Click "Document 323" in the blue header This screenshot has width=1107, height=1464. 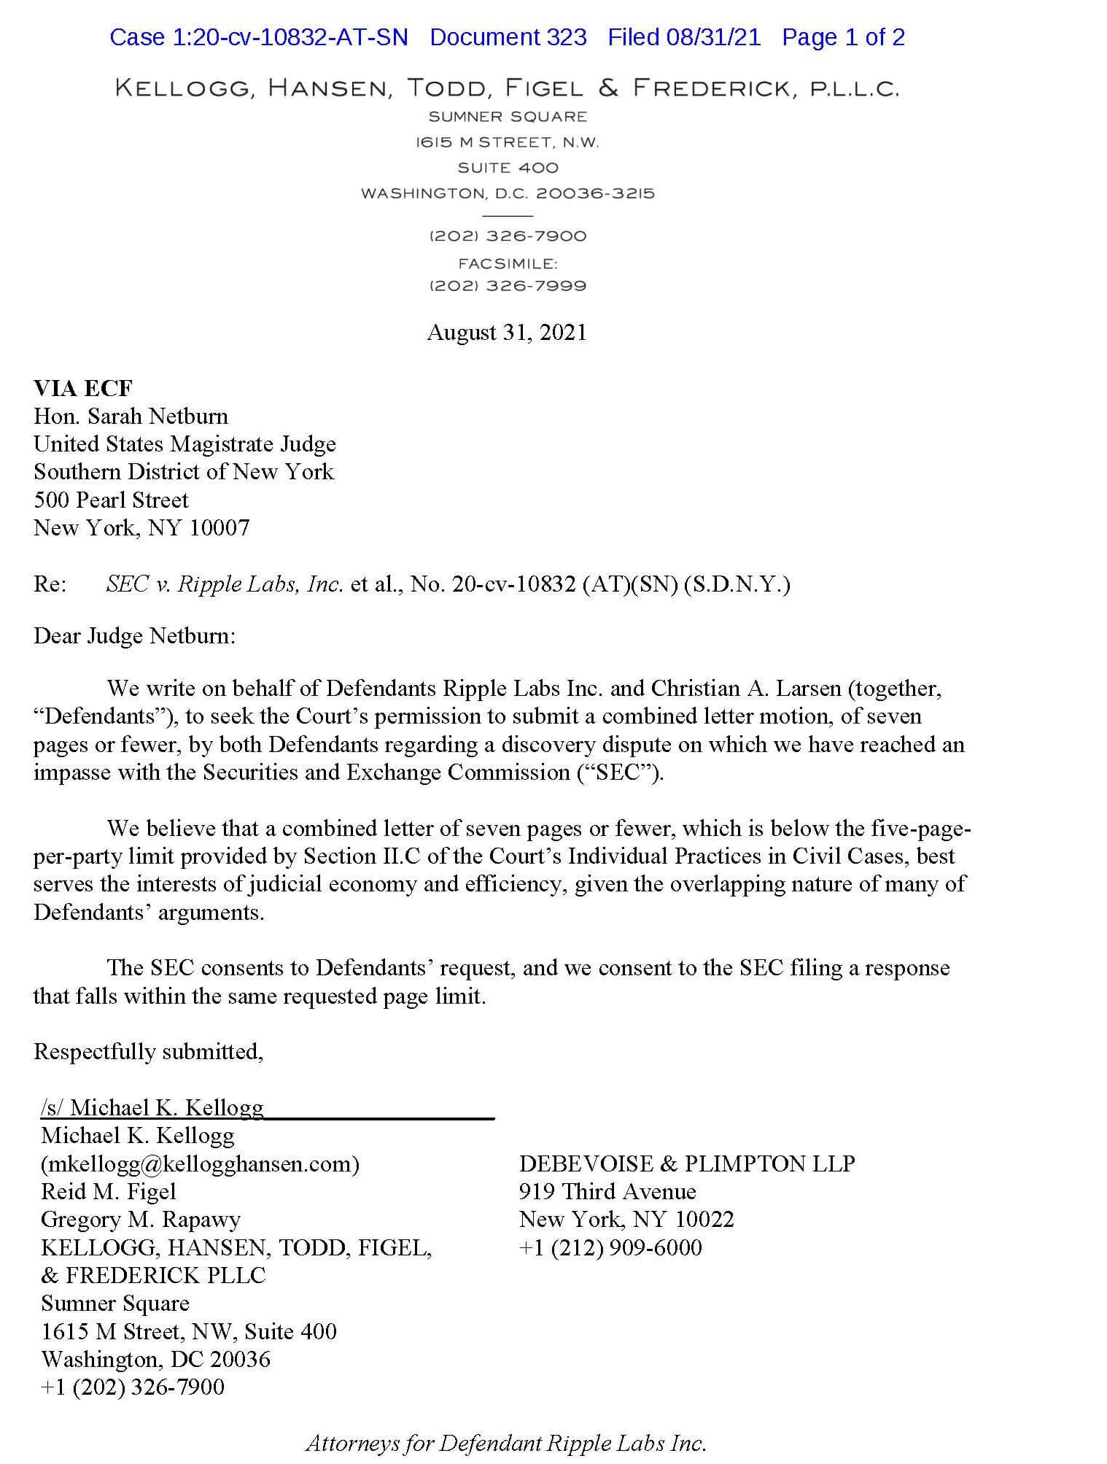pos(508,37)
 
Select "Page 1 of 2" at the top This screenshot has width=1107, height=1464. pos(843,37)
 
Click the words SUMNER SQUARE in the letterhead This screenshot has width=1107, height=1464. pos(508,117)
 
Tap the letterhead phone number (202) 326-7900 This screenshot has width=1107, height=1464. pos(508,236)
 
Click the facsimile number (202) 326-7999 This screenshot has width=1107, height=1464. pos(508,286)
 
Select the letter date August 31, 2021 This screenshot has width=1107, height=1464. pos(507,333)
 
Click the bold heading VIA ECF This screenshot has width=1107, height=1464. pos(83,388)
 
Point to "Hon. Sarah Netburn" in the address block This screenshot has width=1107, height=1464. pos(131,417)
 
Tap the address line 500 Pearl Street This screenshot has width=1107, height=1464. pos(111,500)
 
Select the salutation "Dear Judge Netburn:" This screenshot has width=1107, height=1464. pos(135,636)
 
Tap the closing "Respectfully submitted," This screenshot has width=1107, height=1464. pos(149,1052)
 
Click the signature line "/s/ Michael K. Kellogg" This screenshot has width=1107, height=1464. pos(152,1108)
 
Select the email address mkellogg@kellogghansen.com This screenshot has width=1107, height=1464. pos(201,1164)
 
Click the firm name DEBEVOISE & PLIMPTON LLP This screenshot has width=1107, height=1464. pos(686,1164)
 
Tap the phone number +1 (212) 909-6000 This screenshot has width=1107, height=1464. pos(610,1248)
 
